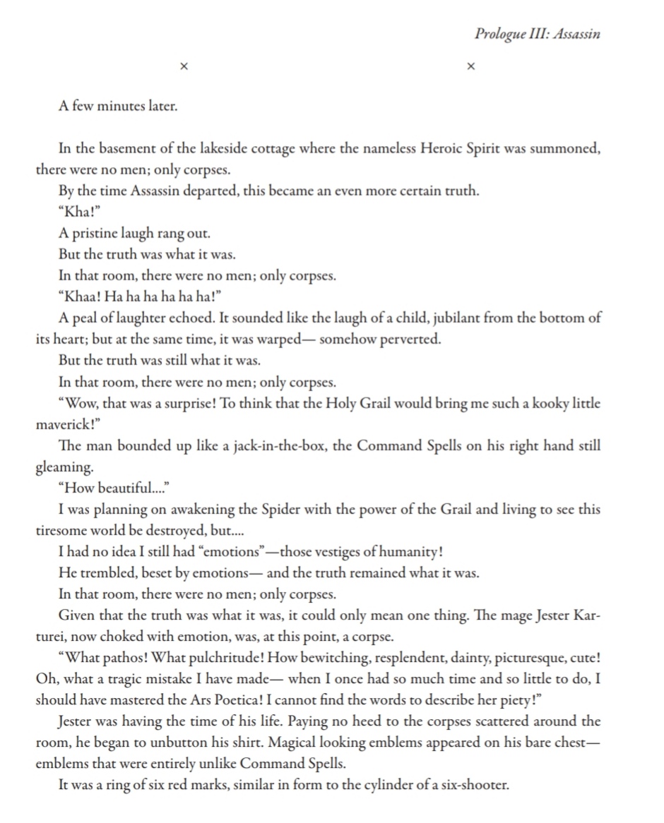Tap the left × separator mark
[184, 66]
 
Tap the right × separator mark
[472, 66]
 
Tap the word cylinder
[365, 785]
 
